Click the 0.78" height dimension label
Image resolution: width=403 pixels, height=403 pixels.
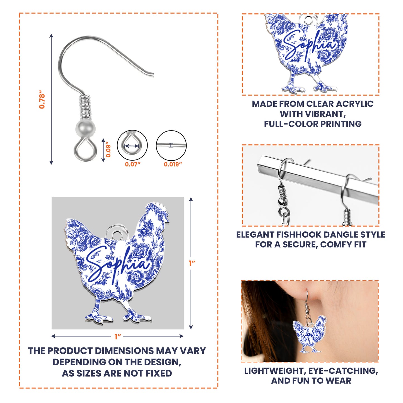point(42,99)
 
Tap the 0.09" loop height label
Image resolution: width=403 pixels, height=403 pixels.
point(108,151)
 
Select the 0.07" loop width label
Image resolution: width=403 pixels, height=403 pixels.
point(132,164)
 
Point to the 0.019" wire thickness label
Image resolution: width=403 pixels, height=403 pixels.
point(173,164)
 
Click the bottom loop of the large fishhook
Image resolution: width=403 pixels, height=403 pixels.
point(85,151)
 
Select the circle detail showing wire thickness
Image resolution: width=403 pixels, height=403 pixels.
point(171,145)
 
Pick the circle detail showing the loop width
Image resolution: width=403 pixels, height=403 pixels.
point(132,145)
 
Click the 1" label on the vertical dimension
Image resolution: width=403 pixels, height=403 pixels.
point(192,263)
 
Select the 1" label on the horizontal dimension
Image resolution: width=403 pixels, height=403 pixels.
point(117,337)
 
